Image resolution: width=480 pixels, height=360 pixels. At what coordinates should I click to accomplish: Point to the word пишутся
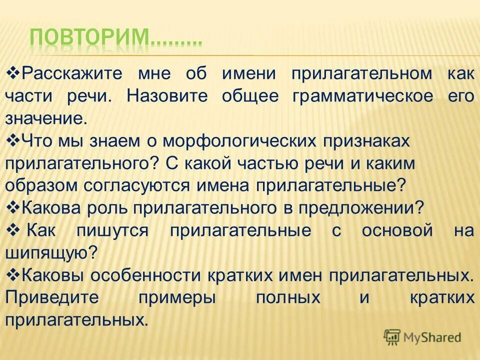[x=112, y=230]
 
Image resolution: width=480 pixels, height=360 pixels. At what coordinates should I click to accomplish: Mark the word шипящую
[x=50, y=252]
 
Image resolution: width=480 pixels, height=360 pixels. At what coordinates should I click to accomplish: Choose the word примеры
[x=177, y=297]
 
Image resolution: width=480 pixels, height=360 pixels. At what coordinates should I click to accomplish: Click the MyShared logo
[x=422, y=337]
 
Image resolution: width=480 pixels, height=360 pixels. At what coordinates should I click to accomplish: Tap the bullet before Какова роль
[x=12, y=207]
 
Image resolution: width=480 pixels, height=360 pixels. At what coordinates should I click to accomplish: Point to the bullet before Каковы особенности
[x=12, y=274]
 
